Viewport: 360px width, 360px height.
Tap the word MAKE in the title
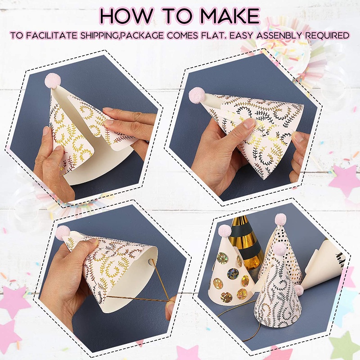coord(230,15)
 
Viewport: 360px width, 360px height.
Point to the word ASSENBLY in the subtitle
coord(279,36)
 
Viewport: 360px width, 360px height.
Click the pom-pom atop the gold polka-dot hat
coord(280,220)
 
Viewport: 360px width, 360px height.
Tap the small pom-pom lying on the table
coord(299,290)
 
